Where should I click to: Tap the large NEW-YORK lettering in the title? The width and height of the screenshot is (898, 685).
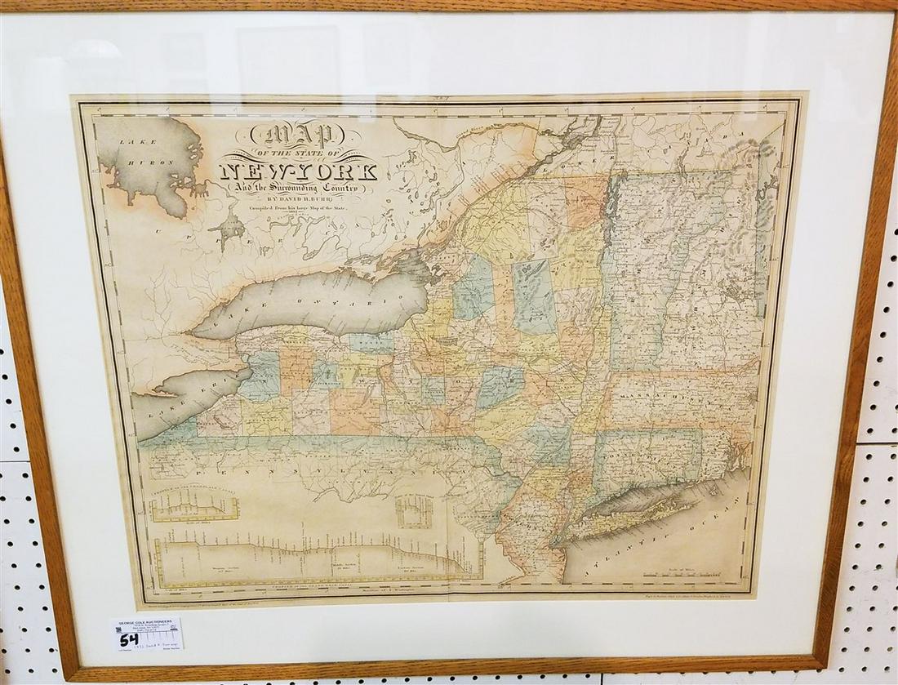[299, 171]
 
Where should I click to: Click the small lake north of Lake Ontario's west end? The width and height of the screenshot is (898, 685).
[231, 228]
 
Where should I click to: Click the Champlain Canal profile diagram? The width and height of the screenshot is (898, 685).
[193, 507]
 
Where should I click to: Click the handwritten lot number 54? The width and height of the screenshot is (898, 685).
[128, 638]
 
